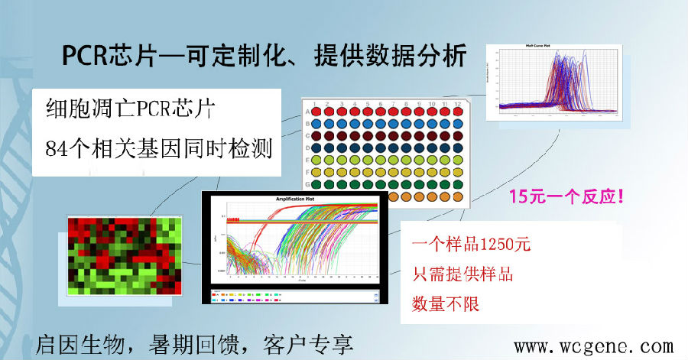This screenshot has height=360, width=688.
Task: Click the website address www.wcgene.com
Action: pyautogui.click(x=592, y=346)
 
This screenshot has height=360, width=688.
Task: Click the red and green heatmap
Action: pyautogui.click(x=125, y=255)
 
